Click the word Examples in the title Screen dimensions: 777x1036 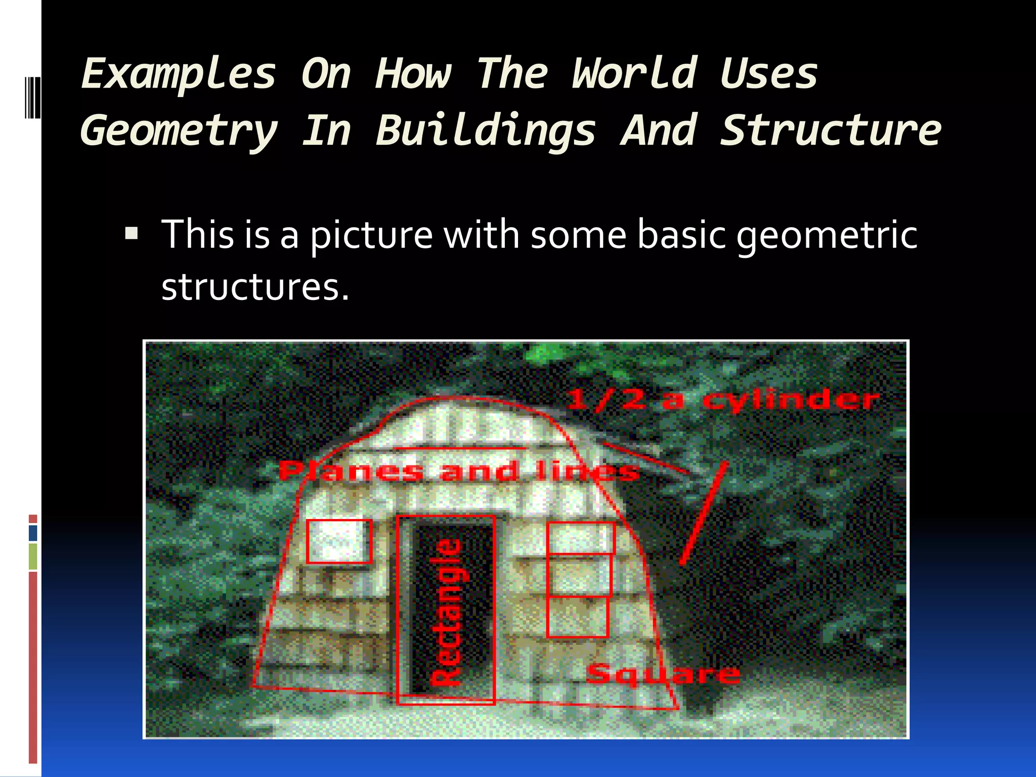click(x=179, y=74)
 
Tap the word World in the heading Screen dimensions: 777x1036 click(x=634, y=74)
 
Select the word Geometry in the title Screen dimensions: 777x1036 click(x=179, y=131)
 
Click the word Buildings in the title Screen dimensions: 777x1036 click(x=486, y=131)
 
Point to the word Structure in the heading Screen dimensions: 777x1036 click(x=831, y=131)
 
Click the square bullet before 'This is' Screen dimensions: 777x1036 click(x=132, y=234)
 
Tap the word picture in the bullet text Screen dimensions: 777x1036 click(x=371, y=235)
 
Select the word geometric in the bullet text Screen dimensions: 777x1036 click(x=827, y=235)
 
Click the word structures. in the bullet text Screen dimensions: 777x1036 click(x=255, y=287)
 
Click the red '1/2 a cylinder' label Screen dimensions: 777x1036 click(x=723, y=400)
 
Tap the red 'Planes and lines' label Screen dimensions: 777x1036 click(x=458, y=471)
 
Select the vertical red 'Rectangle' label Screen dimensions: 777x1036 click(x=446, y=612)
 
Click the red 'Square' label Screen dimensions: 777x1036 click(x=664, y=674)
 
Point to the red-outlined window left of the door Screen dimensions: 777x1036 click(x=339, y=541)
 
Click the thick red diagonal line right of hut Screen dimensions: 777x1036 click(x=704, y=512)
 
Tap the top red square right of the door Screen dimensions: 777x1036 click(x=581, y=538)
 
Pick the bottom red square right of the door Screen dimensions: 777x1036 click(x=577, y=617)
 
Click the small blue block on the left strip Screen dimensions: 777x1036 click(x=33, y=533)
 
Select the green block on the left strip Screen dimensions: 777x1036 click(x=33, y=556)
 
